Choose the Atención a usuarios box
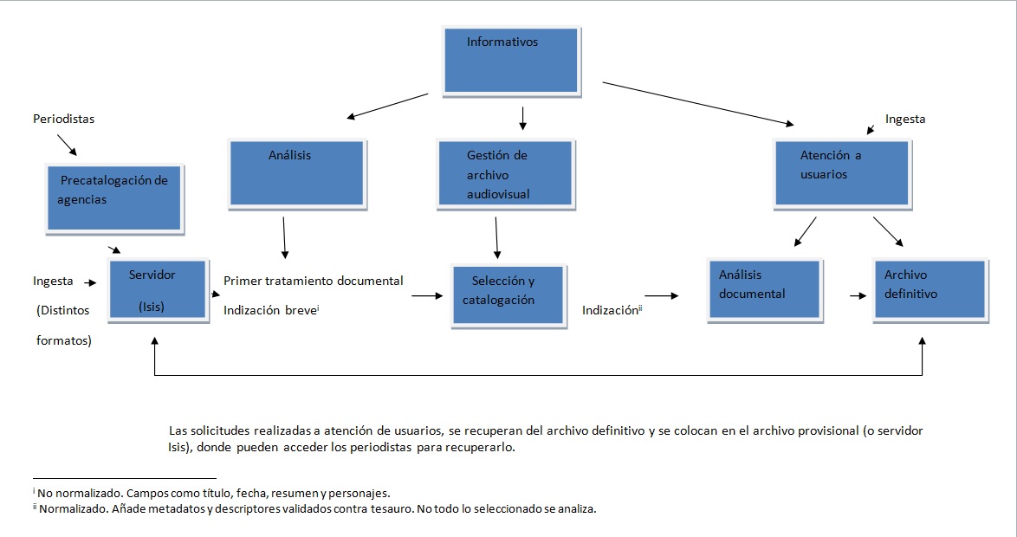tap(840, 173)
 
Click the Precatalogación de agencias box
tap(113, 197)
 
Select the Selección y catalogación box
tap(507, 294)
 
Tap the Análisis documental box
tap(763, 289)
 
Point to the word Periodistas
tap(63, 120)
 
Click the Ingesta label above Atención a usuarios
tap(905, 120)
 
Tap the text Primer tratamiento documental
tap(313, 281)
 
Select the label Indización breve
tap(271, 309)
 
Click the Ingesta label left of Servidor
tap(53, 281)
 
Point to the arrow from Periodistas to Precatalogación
tap(66, 145)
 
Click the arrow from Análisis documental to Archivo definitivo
tap(858, 295)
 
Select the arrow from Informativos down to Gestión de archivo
tap(522, 118)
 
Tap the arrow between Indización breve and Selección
tap(427, 296)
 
